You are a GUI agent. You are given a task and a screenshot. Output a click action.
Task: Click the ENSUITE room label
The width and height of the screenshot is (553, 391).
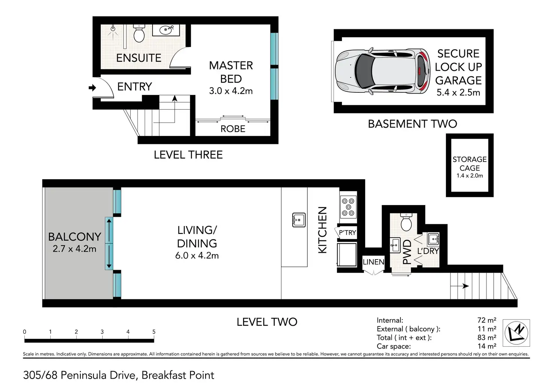139,58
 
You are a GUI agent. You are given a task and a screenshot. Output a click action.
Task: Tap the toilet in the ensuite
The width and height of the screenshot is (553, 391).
139,33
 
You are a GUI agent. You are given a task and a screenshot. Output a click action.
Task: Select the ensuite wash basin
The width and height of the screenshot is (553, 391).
166,30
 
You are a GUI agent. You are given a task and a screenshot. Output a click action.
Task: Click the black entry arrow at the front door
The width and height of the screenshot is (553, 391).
92,88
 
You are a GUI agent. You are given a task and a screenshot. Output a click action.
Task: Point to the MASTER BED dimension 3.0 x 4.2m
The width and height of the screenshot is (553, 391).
231,91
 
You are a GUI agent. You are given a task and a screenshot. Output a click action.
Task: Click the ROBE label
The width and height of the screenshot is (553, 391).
233,129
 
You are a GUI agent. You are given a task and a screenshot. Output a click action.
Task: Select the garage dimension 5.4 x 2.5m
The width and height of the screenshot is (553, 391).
458,92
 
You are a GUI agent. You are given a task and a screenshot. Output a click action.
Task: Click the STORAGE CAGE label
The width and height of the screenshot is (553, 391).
470,164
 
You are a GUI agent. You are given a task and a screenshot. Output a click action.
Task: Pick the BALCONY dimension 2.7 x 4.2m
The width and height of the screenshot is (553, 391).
74,249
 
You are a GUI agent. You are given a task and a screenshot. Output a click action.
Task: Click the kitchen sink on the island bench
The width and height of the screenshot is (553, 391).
299,220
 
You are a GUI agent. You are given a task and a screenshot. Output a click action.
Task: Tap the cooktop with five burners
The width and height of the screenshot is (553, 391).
348,207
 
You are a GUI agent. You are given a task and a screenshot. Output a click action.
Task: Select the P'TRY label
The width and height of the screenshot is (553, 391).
348,232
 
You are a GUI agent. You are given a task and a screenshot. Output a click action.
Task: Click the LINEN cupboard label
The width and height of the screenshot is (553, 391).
373,262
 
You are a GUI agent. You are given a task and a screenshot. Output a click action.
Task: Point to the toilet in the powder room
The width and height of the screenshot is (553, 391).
406,222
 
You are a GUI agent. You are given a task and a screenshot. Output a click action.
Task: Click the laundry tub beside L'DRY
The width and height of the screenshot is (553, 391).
433,239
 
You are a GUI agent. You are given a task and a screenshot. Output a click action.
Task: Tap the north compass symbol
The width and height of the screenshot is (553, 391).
516,333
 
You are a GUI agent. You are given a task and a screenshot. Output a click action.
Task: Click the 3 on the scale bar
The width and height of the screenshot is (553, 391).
102,332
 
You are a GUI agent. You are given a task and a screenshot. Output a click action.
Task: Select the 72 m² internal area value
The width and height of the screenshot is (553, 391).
487,320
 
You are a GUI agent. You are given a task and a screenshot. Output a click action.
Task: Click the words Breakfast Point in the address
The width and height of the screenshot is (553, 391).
178,376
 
